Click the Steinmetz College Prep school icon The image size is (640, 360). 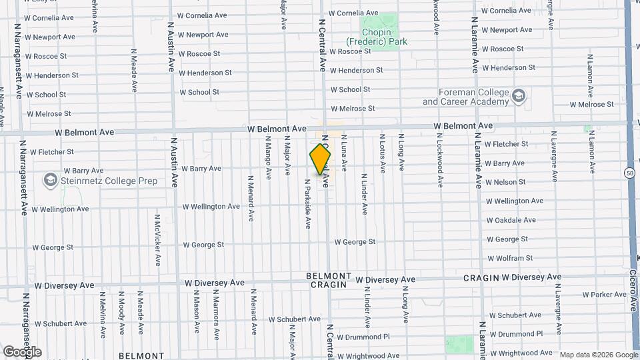50,180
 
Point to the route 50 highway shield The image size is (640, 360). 630,173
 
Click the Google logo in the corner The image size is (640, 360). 22,351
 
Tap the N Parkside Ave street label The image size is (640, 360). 308,203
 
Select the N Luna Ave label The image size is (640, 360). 344,153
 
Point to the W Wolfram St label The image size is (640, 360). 509,258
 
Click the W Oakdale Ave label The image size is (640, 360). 511,220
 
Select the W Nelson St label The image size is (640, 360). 505,182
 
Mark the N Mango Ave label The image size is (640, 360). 268,158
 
